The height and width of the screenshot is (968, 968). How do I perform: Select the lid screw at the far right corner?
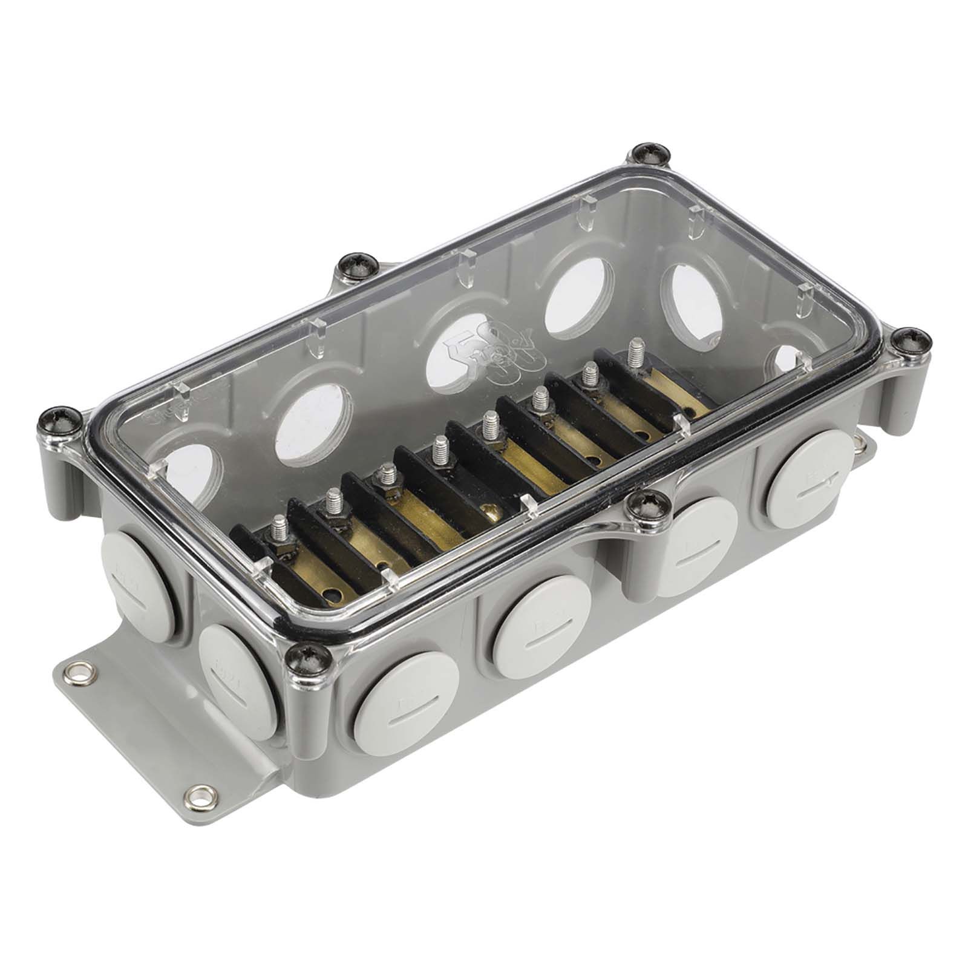click(x=909, y=342)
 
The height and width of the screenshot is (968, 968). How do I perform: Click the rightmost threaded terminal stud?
click(x=635, y=351)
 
